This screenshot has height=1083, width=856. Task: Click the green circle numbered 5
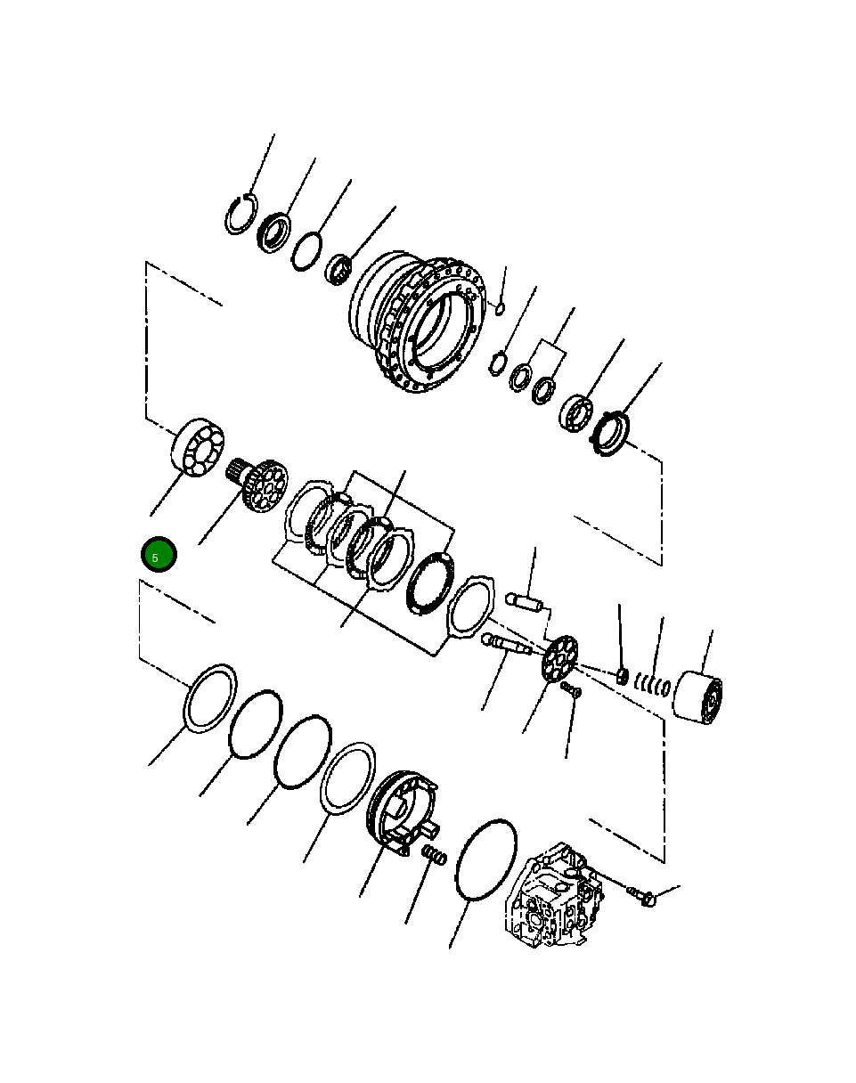coord(159,556)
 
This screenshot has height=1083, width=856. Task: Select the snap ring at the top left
coord(240,215)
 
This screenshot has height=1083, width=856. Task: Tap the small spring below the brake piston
coord(433,857)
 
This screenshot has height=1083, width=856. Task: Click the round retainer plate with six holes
coord(559,659)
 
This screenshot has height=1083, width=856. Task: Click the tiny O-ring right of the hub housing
coord(501,309)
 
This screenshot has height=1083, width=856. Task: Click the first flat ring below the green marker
coord(210,699)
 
